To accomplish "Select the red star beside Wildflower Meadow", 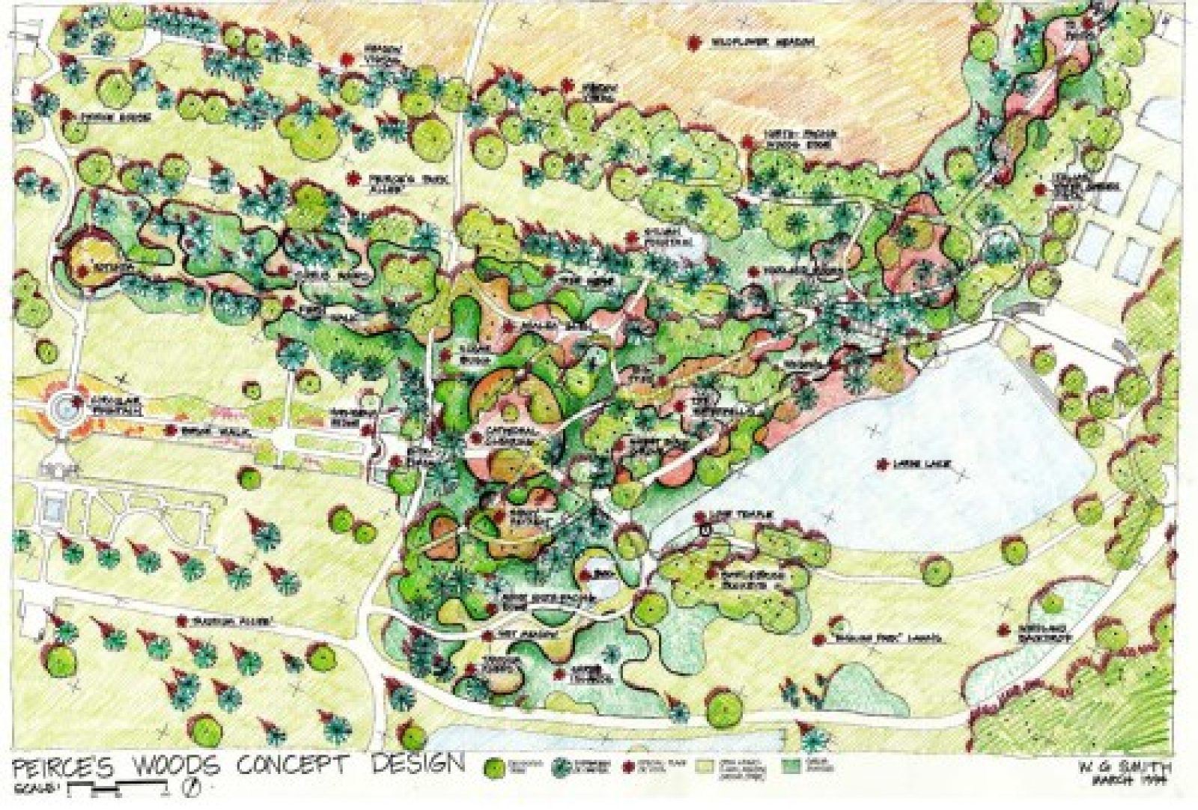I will [695, 43].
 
